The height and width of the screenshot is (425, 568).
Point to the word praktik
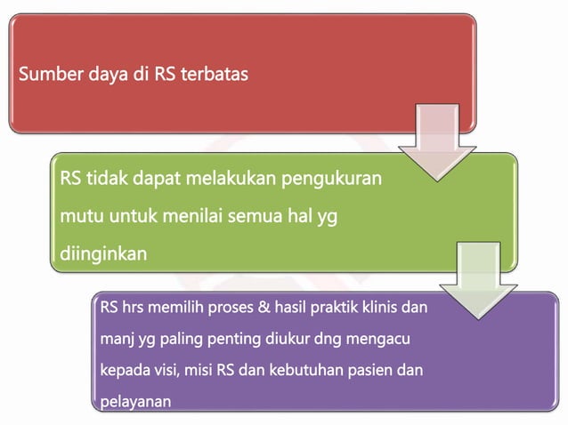[x=331, y=309]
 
